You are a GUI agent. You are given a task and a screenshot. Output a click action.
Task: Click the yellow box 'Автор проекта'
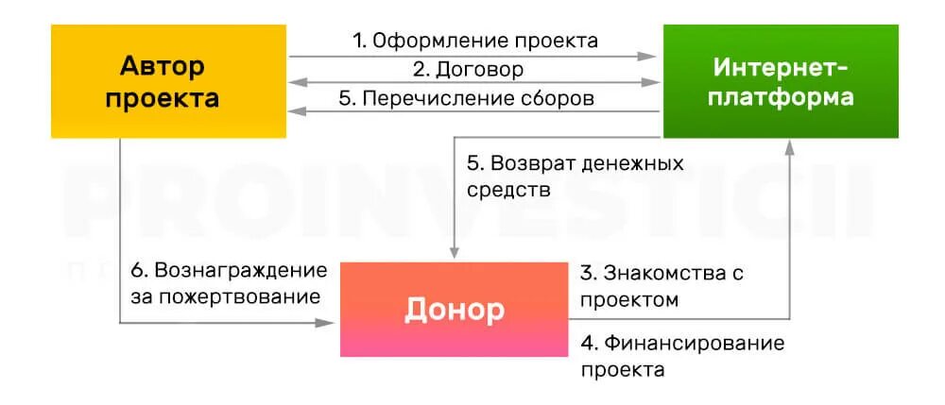click(168, 82)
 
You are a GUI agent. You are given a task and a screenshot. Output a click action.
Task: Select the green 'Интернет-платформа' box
click(781, 82)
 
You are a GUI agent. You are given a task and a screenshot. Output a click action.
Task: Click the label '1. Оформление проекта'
click(474, 41)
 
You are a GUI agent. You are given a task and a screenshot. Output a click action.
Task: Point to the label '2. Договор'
click(468, 70)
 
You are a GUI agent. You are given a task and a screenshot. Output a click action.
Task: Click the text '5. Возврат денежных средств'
click(575, 176)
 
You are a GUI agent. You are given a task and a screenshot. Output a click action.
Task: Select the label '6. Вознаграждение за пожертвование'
click(229, 284)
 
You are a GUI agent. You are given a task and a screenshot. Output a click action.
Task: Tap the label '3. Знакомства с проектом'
click(661, 286)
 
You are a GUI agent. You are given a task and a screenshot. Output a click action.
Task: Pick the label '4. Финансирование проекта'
click(681, 355)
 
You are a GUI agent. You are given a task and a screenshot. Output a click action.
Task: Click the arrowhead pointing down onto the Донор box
click(455, 252)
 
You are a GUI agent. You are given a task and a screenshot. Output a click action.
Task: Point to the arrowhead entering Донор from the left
click(332, 323)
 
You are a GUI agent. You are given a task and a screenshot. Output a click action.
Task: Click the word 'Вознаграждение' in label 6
click(240, 270)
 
